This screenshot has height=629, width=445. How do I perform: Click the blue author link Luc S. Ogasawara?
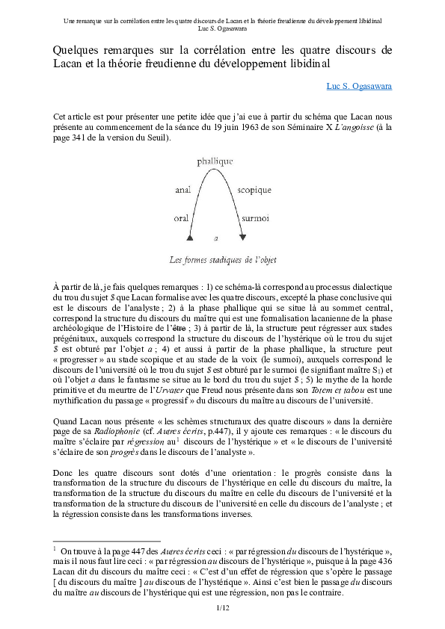tap(359, 86)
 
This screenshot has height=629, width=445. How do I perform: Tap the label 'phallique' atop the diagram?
tap(215, 161)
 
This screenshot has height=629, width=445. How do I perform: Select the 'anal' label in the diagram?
tap(183, 190)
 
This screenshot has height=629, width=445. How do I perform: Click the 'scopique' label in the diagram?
tap(254, 190)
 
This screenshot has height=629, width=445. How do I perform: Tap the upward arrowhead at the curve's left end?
tap(190, 237)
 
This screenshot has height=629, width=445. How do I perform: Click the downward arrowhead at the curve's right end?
tap(242, 237)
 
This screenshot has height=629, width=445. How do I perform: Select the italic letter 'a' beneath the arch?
tap(215, 238)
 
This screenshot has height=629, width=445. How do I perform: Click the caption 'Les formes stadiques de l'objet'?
tap(223, 260)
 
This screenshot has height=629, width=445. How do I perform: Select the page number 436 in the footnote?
tap(382, 563)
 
